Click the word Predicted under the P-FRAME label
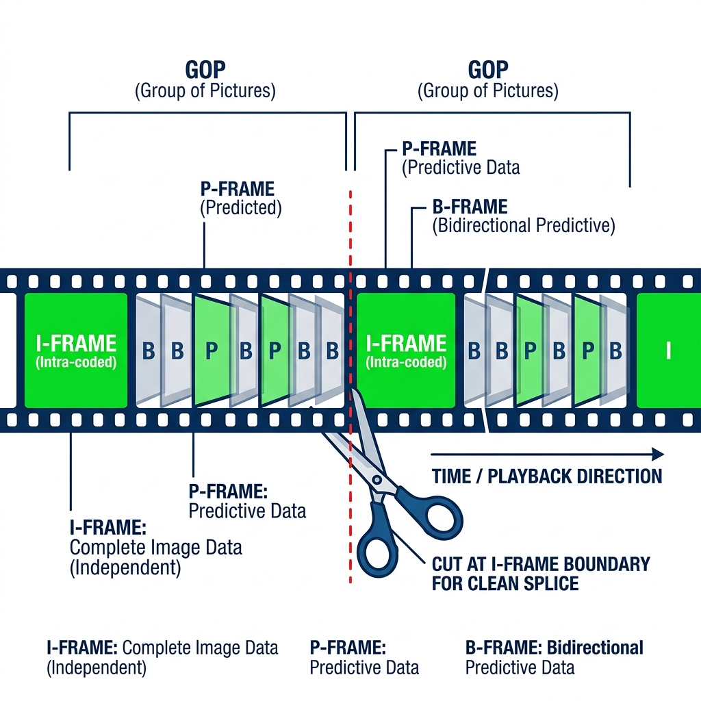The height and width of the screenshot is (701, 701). [241, 208]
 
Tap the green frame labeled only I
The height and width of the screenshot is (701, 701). [668, 350]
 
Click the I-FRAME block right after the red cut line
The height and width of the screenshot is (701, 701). [406, 350]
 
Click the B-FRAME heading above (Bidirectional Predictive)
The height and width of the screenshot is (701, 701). [470, 206]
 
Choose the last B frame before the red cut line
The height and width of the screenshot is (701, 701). [332, 350]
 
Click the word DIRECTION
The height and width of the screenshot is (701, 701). [620, 476]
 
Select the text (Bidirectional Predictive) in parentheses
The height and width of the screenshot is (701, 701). [523, 225]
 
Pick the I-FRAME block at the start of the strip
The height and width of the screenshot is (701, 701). [75, 350]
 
